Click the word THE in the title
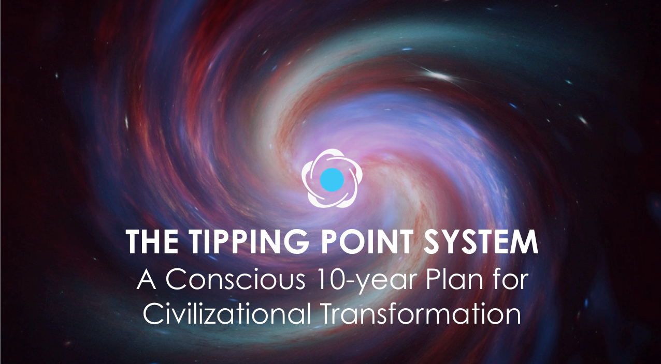152,241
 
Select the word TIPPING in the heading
249,241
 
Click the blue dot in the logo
332,179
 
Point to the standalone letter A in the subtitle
147,279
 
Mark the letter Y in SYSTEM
452,242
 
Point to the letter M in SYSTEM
524,242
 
